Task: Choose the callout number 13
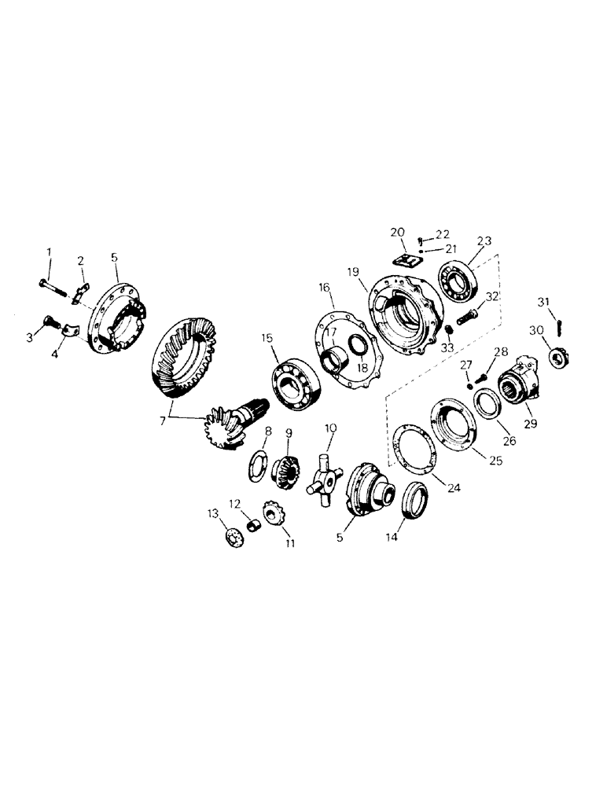coord(212,512)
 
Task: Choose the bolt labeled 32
coord(469,318)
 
